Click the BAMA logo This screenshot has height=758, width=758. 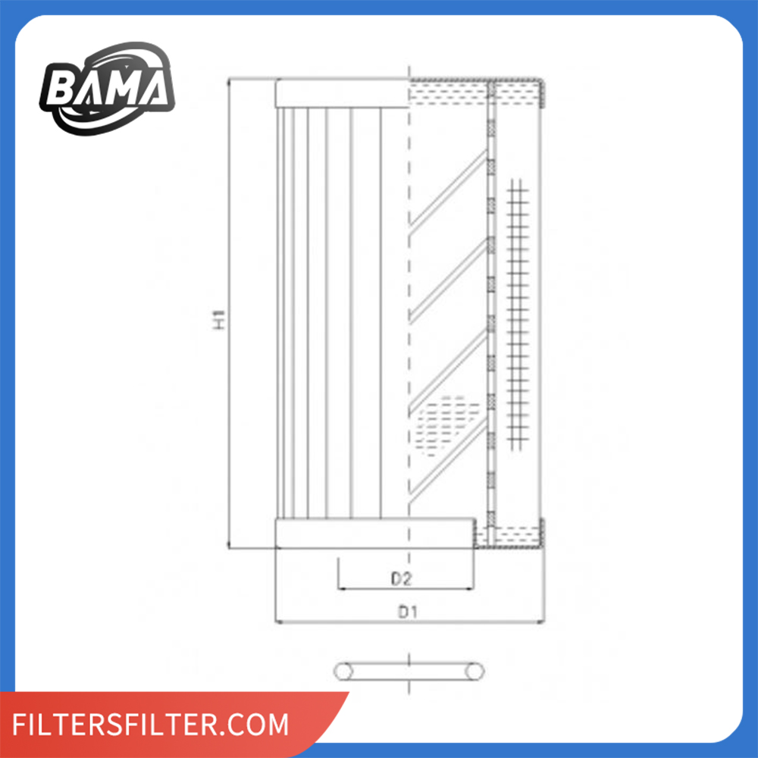(107, 89)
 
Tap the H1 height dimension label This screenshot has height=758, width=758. (220, 320)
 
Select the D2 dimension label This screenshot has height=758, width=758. (401, 578)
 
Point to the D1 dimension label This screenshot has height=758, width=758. (407, 612)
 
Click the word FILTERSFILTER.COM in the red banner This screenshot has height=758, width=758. (150, 724)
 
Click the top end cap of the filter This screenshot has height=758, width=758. (343, 92)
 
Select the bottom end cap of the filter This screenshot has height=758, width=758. (374, 533)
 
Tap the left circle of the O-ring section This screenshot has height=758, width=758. (343, 672)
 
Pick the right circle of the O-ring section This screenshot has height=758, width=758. (475, 672)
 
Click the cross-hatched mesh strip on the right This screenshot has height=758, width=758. (517, 315)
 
